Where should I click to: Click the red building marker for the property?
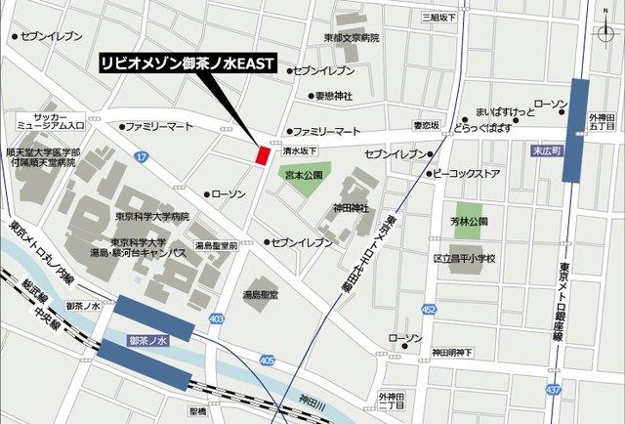pos(262,153)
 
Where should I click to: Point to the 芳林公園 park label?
pos(471,222)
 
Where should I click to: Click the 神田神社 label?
pos(351,208)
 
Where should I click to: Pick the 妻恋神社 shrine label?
pos(333,96)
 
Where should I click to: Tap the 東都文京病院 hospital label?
pos(352,37)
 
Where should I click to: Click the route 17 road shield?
pos(142,156)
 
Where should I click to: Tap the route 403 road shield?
pos(216,319)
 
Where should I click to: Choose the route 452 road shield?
pos(429,309)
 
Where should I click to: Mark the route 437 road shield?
pos(554,389)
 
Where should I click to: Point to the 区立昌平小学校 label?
pos(465,259)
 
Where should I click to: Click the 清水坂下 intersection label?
pos(300,151)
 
